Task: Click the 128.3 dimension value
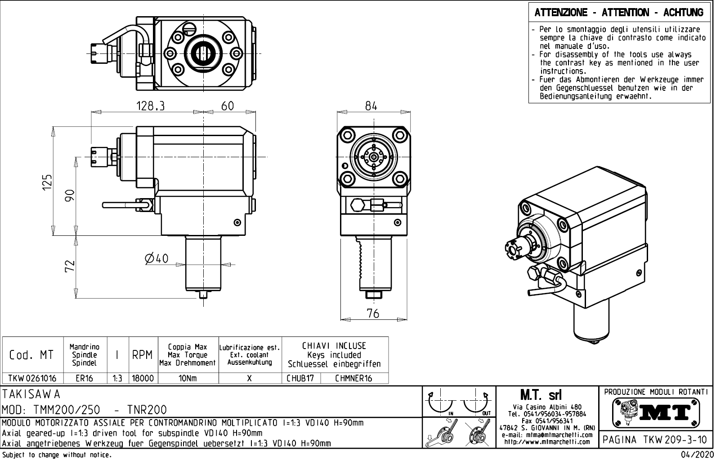point(151,106)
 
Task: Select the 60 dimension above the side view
point(228,106)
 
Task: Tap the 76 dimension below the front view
point(373,313)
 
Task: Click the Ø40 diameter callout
point(157,258)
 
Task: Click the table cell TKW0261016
point(32,378)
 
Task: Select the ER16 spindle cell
point(84,378)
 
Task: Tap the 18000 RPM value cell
point(142,378)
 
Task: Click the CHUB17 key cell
point(300,378)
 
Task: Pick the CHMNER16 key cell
point(354,378)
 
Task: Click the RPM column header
point(142,355)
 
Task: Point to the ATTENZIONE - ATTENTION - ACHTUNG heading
point(619,13)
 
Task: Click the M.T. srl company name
point(546,395)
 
